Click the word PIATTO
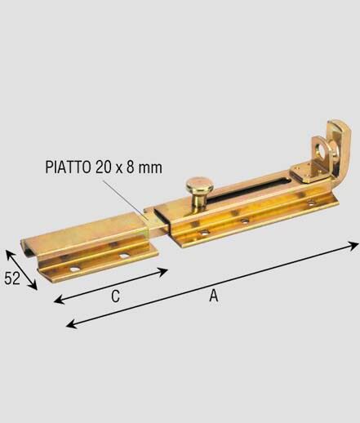point(68,167)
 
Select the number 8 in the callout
point(130,167)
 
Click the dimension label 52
point(12,278)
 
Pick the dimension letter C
point(115,296)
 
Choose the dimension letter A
point(214,296)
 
